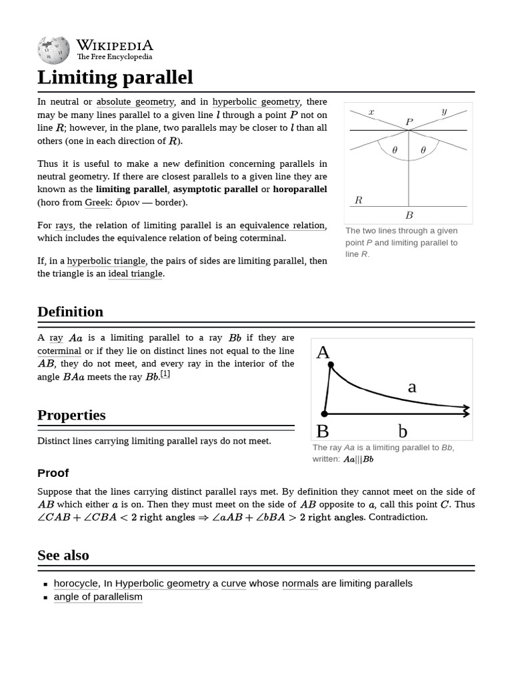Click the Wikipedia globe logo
click(53, 49)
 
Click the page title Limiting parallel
click(115, 77)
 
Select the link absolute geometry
click(135, 102)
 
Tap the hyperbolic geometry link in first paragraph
click(257, 102)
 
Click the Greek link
click(97, 202)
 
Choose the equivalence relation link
click(282, 225)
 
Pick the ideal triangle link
click(135, 273)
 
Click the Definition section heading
click(70, 312)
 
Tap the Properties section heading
click(71, 415)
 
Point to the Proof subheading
click(53, 473)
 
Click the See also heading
click(63, 556)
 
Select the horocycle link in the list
click(76, 584)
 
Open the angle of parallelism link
click(98, 597)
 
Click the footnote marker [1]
click(165, 374)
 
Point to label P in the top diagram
click(409, 122)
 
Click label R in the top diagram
click(358, 200)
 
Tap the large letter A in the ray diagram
click(323, 352)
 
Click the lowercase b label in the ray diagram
click(403, 432)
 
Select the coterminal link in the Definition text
click(59, 351)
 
